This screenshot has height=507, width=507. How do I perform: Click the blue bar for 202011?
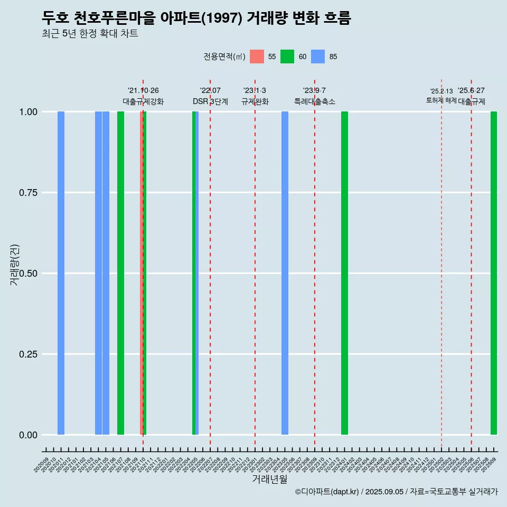point(61,273)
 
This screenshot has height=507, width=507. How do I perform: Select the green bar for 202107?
point(120,273)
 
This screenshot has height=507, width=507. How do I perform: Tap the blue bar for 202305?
point(285,273)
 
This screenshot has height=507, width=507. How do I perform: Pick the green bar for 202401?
point(344,273)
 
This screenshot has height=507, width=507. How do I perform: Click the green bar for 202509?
point(494,273)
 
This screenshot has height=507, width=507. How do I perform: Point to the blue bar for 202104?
point(98,273)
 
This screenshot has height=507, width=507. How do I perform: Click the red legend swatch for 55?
point(257,57)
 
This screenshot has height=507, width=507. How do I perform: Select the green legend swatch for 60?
point(287,57)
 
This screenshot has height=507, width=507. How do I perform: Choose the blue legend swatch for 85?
point(318,57)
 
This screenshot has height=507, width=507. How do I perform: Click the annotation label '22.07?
point(210,91)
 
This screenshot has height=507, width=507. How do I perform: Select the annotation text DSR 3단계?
point(210,102)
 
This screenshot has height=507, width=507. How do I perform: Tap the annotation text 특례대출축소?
point(315,102)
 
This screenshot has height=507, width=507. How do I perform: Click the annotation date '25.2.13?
point(441,91)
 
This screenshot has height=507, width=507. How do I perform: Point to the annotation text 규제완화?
point(255,102)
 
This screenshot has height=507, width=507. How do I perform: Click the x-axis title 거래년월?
point(269,480)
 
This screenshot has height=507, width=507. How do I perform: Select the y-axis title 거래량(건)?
point(15,265)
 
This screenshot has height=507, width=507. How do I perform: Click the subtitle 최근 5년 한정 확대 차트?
point(90,34)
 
